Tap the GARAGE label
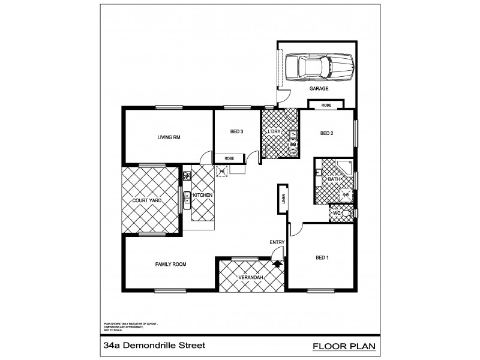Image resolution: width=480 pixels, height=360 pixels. coord(319,89)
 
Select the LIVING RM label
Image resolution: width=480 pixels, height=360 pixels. coord(169,137)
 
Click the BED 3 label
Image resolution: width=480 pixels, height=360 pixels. coord(236,131)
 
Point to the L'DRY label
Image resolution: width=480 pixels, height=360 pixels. coord(275,131)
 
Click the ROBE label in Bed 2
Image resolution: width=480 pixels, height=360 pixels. coord(326,105)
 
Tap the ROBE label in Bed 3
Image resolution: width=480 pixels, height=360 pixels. coord(229,158)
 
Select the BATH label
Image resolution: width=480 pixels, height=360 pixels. coord(333,179)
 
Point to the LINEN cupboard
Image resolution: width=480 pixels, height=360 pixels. coord(282,198)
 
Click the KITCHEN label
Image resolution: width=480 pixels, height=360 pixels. coord(203,196)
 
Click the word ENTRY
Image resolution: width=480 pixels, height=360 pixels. coord(277,242)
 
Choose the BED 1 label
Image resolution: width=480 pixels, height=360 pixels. coord(323,258)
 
